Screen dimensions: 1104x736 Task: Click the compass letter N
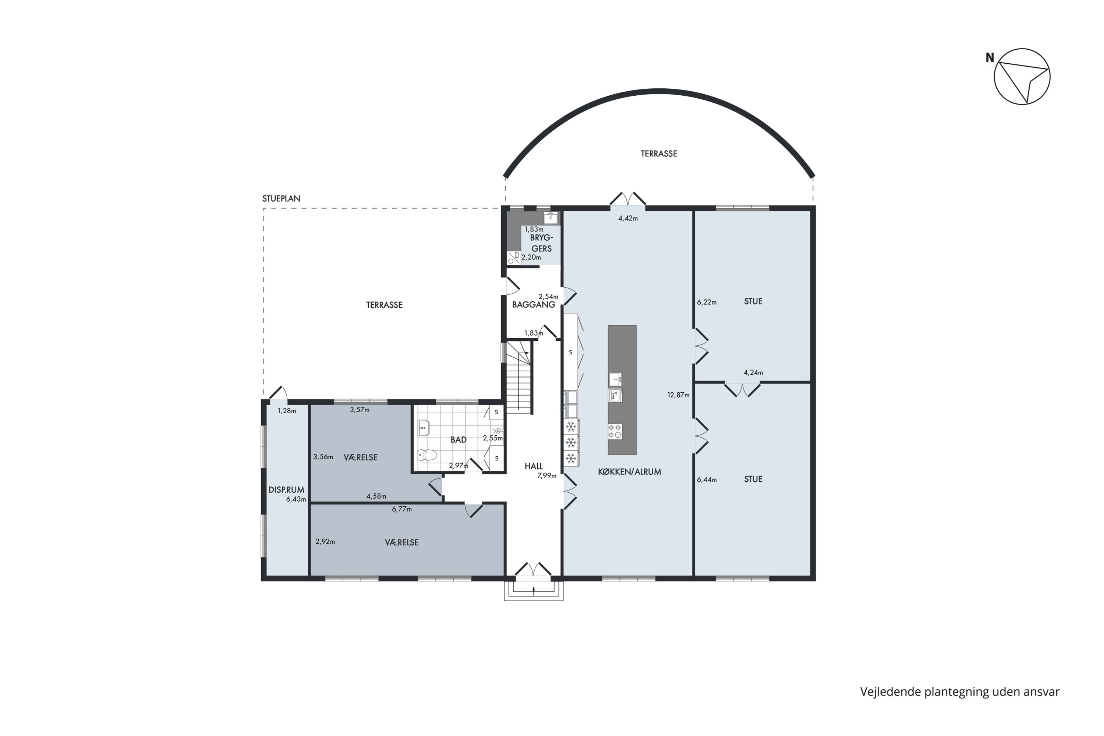tap(990, 58)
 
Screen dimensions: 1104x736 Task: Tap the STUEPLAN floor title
tap(281, 199)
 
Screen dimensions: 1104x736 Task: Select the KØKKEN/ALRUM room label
tap(629, 472)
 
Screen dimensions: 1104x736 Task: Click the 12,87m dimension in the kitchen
tap(679, 395)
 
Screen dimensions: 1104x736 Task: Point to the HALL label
tap(534, 466)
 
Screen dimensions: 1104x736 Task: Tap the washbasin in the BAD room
tap(424, 428)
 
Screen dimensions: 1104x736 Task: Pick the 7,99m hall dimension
tap(547, 475)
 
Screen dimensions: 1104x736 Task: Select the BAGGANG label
tap(534, 305)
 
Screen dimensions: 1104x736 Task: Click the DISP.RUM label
tap(286, 489)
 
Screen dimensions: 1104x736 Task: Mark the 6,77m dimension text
tap(402, 509)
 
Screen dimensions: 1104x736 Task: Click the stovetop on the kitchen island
tap(615, 431)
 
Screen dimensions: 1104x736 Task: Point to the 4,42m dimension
tap(628, 218)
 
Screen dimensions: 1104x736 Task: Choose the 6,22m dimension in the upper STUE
tap(707, 302)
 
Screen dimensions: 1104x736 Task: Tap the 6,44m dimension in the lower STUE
tap(707, 480)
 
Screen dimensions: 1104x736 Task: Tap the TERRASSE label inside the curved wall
tap(659, 153)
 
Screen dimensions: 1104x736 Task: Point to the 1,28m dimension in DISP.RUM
tap(287, 411)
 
